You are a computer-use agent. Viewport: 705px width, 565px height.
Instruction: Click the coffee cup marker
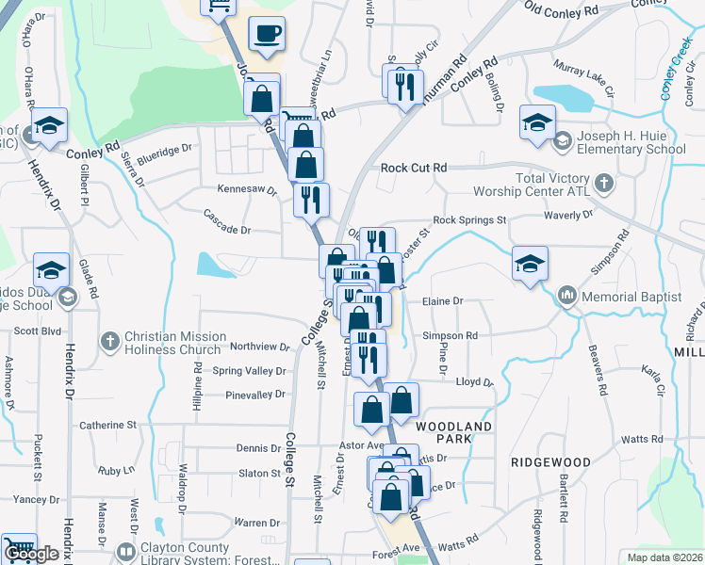coord(267,35)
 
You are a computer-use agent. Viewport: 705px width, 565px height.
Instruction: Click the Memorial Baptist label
coord(631,297)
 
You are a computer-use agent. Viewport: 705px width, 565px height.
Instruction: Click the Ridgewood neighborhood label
coord(550,462)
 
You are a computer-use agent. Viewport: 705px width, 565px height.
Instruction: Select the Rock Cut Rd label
coord(413,168)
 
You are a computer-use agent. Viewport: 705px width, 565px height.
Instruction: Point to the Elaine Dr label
coord(445,301)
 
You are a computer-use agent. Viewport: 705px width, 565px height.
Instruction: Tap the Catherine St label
coord(108,425)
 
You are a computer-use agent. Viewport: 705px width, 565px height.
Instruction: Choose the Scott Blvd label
coord(37,331)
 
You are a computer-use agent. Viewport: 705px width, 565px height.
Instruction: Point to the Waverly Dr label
coord(567,215)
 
